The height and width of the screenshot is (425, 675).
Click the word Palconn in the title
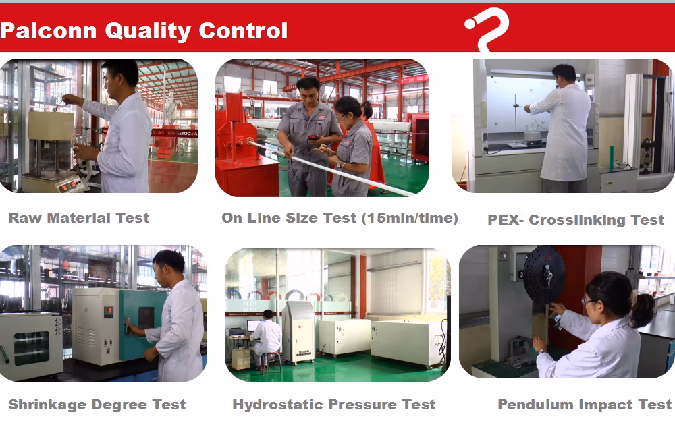[x=48, y=31]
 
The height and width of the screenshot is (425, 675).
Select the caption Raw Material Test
[x=79, y=218]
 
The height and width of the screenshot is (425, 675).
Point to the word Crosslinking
[x=577, y=220]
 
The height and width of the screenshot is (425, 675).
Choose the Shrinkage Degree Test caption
[x=97, y=405]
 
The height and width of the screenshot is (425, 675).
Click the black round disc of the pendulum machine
[x=543, y=275]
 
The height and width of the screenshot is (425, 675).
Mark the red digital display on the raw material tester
[x=70, y=186]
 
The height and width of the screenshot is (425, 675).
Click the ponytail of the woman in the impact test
[x=643, y=310]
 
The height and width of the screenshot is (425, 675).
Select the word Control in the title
[x=243, y=31]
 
